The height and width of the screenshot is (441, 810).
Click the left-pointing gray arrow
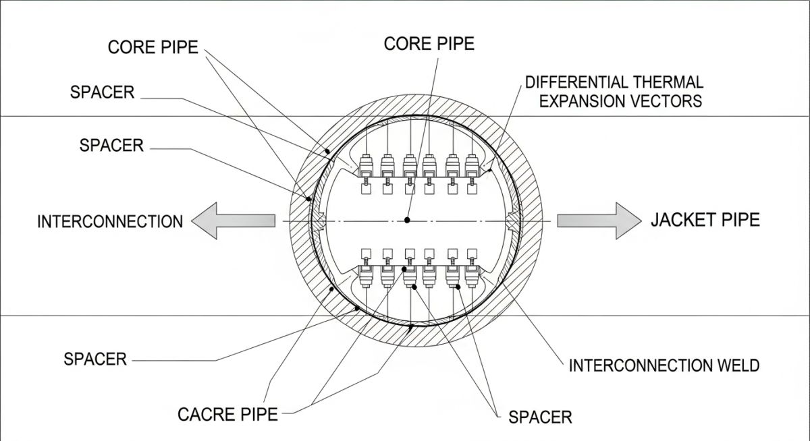(233, 220)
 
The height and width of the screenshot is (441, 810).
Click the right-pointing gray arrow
(598, 220)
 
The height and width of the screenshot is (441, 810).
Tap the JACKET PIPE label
(705, 220)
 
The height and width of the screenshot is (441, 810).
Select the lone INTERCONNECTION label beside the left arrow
(110, 221)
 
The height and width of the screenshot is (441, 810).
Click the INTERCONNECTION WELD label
(664, 365)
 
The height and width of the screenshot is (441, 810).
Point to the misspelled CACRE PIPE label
(227, 414)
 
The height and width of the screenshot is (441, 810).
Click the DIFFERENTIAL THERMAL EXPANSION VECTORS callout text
(614, 92)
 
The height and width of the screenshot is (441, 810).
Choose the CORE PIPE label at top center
(429, 44)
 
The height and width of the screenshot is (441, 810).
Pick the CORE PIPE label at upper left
(153, 48)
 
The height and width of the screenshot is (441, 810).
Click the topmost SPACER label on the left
(101, 92)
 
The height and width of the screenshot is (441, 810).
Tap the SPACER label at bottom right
(540, 417)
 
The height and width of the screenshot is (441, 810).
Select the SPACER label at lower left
(95, 359)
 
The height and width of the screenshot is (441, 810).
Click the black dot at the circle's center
(407, 220)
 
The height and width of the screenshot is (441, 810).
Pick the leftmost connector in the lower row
(367, 274)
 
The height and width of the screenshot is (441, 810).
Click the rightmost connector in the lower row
(472, 274)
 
